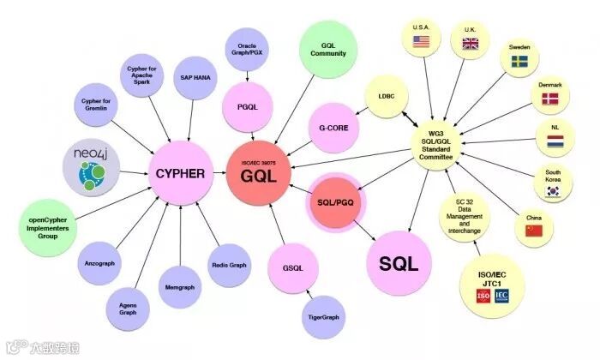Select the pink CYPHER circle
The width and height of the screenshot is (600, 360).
(180, 173)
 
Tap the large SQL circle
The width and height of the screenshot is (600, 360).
(399, 263)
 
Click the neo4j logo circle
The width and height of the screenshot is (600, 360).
(91, 168)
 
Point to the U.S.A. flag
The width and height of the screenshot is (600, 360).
(421, 41)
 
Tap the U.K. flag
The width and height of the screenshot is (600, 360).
(470, 43)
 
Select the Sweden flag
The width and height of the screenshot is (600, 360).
(519, 61)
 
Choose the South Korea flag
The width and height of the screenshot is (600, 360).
(554, 190)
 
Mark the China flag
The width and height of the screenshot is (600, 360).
(534, 230)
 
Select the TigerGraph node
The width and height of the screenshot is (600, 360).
(323, 316)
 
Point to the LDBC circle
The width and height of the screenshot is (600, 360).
(386, 96)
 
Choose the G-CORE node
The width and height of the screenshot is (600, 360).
(333, 128)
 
